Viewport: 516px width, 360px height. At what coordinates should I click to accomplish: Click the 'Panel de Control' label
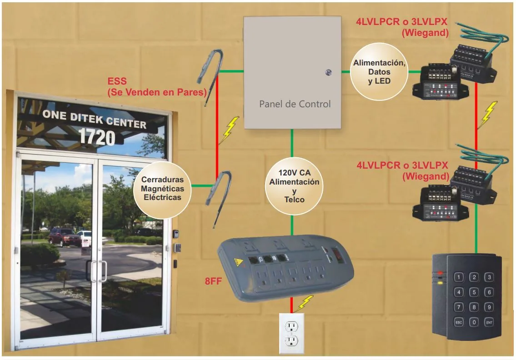pos(295,104)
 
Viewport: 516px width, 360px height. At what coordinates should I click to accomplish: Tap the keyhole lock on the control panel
pos(328,72)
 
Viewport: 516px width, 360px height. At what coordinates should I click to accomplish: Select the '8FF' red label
pos(213,281)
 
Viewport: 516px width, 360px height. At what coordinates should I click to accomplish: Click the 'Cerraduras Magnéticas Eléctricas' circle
pos(162,190)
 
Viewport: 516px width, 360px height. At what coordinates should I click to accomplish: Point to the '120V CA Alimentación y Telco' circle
pos(294,186)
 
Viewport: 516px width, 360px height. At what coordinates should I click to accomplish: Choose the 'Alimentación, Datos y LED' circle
pos(379,72)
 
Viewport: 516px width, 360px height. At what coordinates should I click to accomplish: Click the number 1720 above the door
pos(97,137)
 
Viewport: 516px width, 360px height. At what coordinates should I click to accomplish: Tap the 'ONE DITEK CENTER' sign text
pos(95,119)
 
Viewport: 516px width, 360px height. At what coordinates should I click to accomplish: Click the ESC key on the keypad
pos(459,322)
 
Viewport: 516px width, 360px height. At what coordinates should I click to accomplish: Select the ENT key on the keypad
pos(489,322)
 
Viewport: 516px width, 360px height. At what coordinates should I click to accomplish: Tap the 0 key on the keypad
pos(474,322)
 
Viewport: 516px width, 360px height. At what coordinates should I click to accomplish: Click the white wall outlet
pos(291,333)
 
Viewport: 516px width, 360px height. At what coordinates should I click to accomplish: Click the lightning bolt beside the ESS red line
pos(230,130)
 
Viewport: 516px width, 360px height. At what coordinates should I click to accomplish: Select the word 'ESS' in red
pos(117,81)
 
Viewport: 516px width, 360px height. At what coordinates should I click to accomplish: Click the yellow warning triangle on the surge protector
pos(238,262)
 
